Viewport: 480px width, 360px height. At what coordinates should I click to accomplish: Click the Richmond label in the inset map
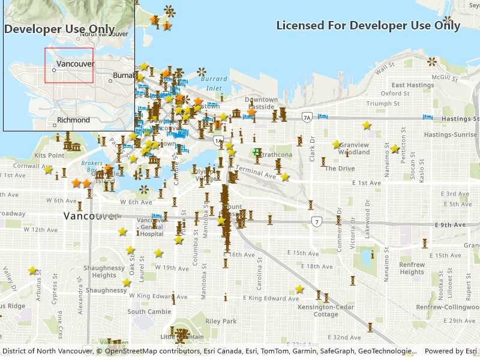coord(73,120)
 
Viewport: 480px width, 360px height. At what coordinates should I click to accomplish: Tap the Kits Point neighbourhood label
coord(49,155)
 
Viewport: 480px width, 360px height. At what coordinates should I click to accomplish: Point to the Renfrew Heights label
coord(412,268)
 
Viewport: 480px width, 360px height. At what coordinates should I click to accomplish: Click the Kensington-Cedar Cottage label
coord(326,310)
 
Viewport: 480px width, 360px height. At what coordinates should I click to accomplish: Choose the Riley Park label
coord(221,321)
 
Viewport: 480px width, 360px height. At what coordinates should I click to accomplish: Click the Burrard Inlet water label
coord(214,83)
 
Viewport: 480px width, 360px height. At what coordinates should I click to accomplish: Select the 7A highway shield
coord(307,118)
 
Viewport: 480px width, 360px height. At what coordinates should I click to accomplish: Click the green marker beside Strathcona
coord(257,152)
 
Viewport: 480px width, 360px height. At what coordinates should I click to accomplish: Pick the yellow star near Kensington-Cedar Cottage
coord(299,289)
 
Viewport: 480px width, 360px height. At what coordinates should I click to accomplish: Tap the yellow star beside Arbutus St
coord(32,271)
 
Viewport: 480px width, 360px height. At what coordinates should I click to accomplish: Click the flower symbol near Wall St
coord(432,62)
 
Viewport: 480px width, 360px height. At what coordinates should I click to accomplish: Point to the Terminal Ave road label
coord(256,172)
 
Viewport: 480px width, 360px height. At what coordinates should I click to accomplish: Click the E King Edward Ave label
coord(262,298)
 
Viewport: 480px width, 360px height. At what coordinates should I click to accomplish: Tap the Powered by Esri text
coord(450,351)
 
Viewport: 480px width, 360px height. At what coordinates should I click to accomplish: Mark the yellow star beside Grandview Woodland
coord(337,145)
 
